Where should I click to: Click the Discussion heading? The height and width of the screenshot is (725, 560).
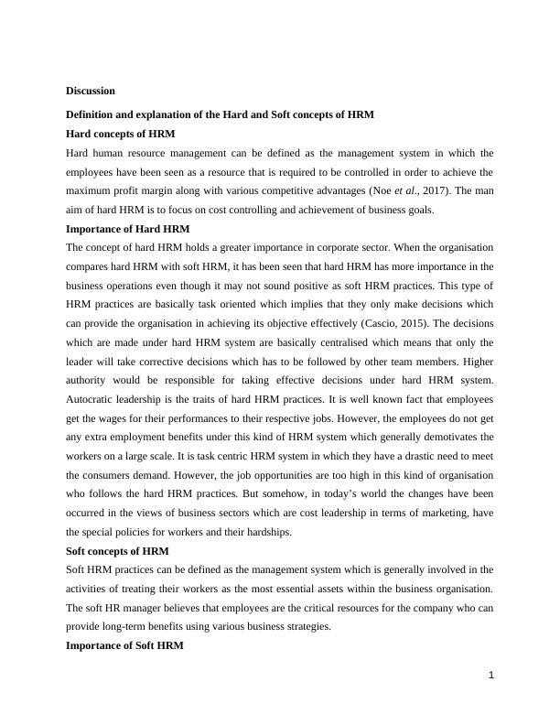point(91,91)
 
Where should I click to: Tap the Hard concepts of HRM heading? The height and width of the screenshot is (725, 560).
point(121,134)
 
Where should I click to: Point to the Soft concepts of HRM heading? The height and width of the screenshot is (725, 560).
point(117,551)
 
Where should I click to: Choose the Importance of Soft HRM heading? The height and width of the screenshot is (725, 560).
point(124,645)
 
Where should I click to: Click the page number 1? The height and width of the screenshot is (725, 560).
point(490,676)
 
